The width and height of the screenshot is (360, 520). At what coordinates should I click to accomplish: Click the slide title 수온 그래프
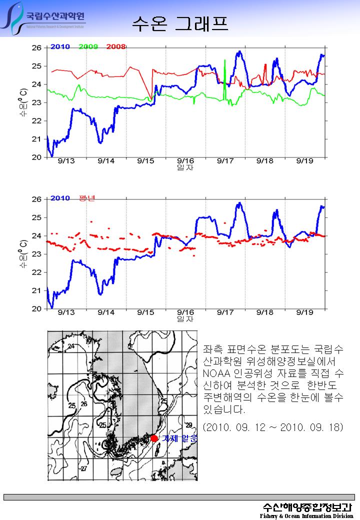[180, 22]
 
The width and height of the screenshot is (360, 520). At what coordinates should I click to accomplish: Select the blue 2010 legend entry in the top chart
[59, 46]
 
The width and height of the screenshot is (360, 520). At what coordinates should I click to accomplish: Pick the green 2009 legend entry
[88, 46]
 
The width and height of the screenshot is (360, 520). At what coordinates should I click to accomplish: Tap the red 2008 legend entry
[115, 46]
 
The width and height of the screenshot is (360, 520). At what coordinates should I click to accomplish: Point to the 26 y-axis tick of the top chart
[36, 47]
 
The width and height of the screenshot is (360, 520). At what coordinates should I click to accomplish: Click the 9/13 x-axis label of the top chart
[66, 161]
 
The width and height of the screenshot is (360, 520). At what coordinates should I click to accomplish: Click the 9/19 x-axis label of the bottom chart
[304, 312]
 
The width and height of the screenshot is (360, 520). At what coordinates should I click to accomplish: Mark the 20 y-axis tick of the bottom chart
[36, 309]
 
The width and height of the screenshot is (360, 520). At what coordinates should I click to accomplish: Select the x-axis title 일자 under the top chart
[185, 167]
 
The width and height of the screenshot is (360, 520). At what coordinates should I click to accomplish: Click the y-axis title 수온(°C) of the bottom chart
[23, 253]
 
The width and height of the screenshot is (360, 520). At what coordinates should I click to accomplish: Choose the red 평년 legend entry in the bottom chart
[86, 198]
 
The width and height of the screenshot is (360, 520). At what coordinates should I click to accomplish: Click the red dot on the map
[154, 438]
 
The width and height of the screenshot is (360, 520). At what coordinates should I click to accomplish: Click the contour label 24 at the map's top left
[70, 346]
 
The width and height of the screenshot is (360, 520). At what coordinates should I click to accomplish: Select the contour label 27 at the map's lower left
[83, 468]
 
